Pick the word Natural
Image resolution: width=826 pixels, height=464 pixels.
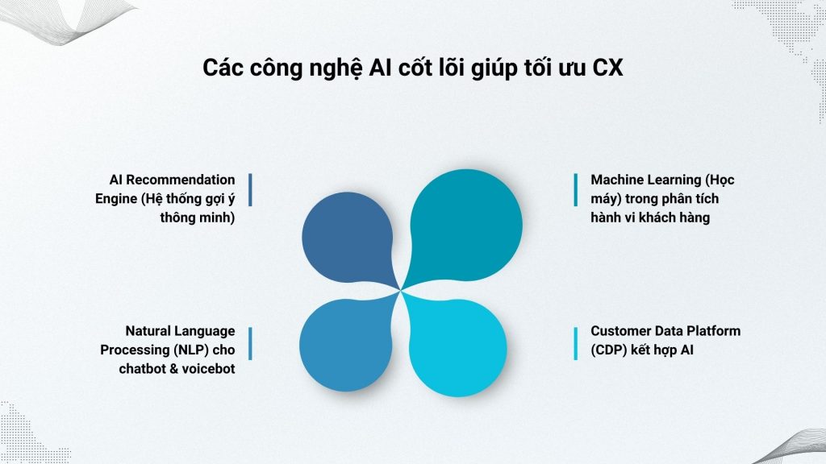click(x=149, y=331)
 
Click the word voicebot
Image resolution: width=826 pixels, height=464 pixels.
click(x=206, y=370)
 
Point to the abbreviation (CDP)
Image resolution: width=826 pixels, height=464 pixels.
click(x=610, y=350)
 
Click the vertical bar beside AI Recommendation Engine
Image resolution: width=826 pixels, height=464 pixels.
click(x=250, y=190)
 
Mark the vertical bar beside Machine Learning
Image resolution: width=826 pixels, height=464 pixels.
click(x=575, y=190)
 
